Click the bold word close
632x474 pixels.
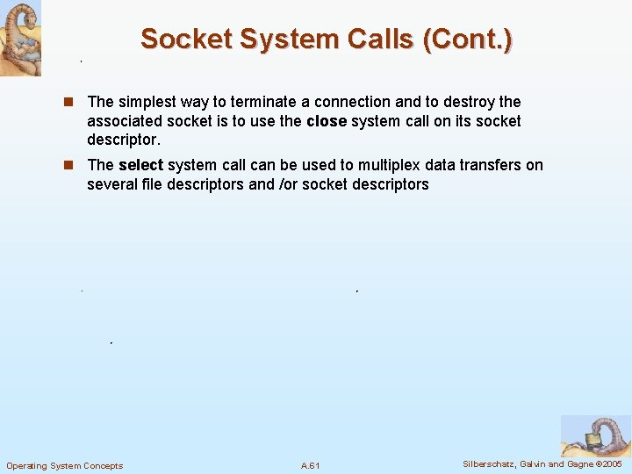point(327,121)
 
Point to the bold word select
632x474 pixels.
point(140,165)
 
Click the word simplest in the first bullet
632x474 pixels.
point(149,102)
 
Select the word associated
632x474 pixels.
point(124,121)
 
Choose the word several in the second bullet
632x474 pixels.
point(111,184)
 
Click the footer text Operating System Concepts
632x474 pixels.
point(65,465)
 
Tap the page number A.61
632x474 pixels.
point(310,465)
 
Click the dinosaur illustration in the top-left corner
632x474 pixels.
point(20,39)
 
